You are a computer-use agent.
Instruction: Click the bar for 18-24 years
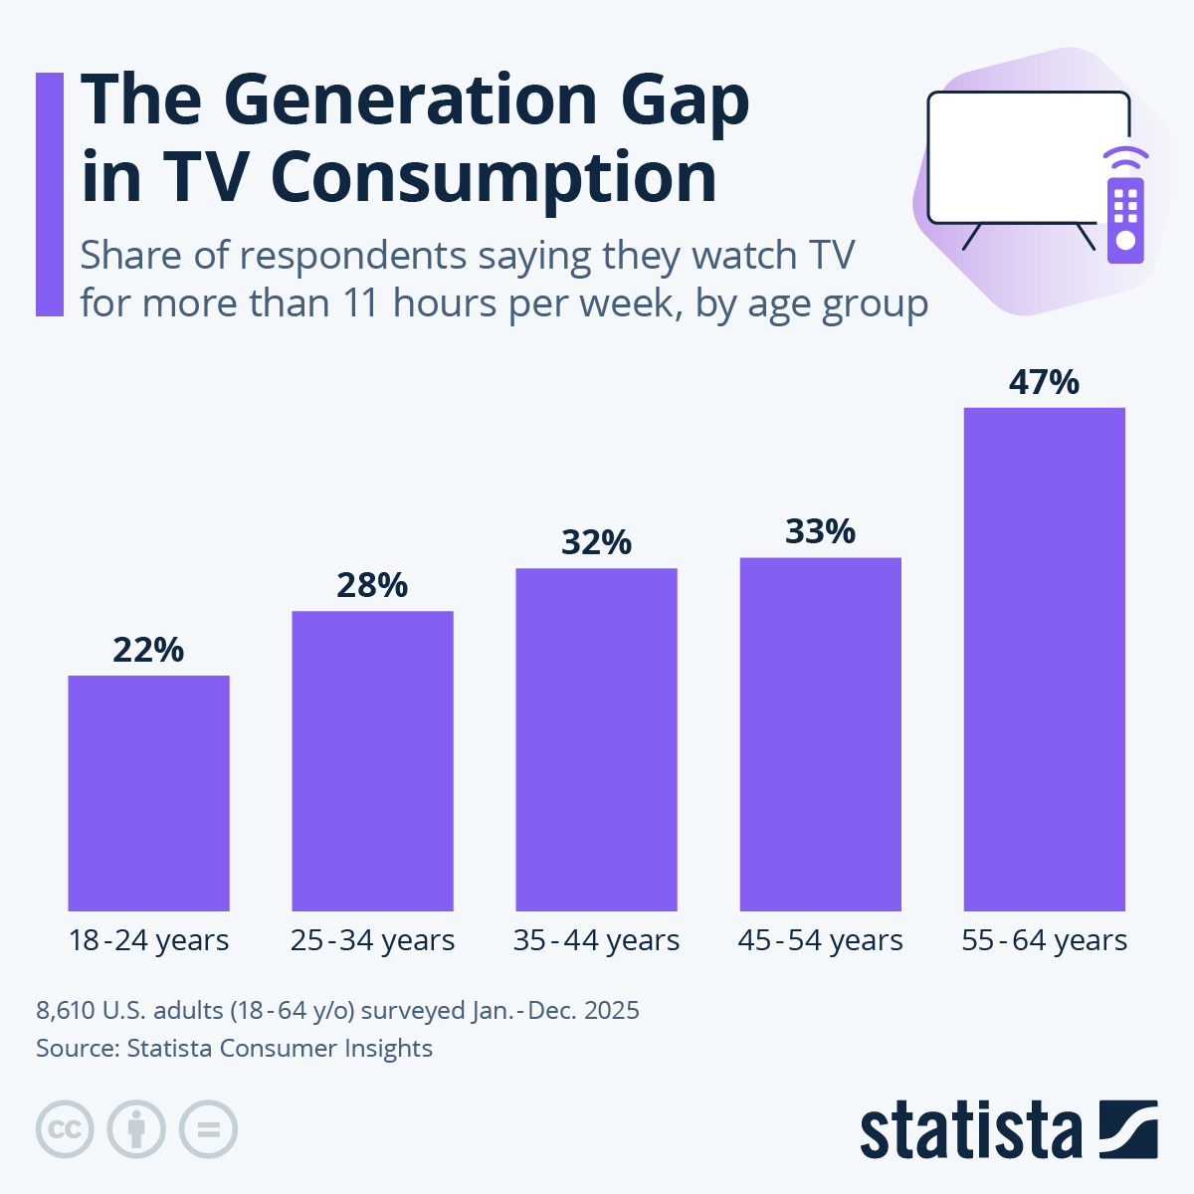148,793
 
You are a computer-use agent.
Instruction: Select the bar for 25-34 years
372,760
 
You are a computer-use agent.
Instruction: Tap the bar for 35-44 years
596,739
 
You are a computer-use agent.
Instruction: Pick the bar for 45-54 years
820,733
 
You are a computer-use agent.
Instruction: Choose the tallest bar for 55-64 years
1044,659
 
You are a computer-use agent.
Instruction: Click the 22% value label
148,650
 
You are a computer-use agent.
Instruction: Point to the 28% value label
372,585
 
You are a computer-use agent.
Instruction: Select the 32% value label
596,542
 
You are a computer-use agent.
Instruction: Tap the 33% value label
820,531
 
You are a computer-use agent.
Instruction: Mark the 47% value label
1044,382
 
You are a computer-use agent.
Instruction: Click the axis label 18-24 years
148,940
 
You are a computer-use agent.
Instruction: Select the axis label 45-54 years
820,940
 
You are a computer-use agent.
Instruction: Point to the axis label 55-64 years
1044,940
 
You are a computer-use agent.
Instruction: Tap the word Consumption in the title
494,178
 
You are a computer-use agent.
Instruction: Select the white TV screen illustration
1027,157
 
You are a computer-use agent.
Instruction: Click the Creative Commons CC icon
65,1129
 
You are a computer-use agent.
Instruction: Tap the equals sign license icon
209,1129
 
